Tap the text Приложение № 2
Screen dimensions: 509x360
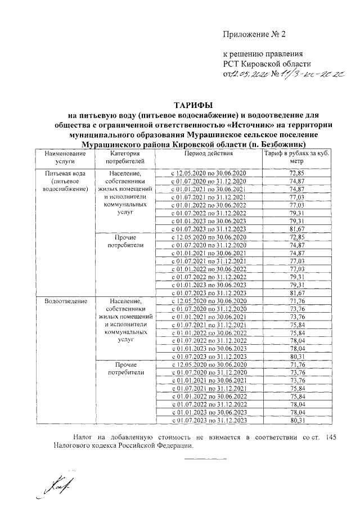click(x=255, y=34)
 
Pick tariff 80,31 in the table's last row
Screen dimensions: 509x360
click(x=296, y=420)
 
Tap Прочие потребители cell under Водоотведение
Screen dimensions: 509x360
click(x=124, y=368)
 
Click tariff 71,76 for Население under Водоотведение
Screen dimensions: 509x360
click(x=296, y=302)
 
